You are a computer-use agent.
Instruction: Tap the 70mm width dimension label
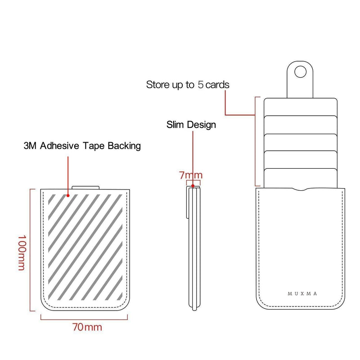(87, 327)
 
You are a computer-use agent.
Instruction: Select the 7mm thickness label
(191, 175)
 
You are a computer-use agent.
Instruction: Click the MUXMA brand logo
(302, 294)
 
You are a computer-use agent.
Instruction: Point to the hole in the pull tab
(300, 72)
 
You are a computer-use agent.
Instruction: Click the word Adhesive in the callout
(59, 146)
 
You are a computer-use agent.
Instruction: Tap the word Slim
(175, 125)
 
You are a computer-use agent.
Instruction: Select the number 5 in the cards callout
(201, 85)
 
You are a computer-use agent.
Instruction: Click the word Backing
(124, 146)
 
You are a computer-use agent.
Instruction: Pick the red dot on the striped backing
(68, 196)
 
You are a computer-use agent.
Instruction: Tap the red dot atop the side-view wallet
(193, 186)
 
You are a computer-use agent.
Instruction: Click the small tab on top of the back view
(85, 188)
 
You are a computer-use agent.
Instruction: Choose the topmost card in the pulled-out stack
(301, 107)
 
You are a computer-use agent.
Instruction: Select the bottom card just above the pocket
(301, 178)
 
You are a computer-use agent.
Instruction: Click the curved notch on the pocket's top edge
(301, 189)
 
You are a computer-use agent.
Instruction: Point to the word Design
(201, 125)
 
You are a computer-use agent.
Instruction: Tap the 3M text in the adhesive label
(30, 146)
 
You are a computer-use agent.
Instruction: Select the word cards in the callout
(217, 85)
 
